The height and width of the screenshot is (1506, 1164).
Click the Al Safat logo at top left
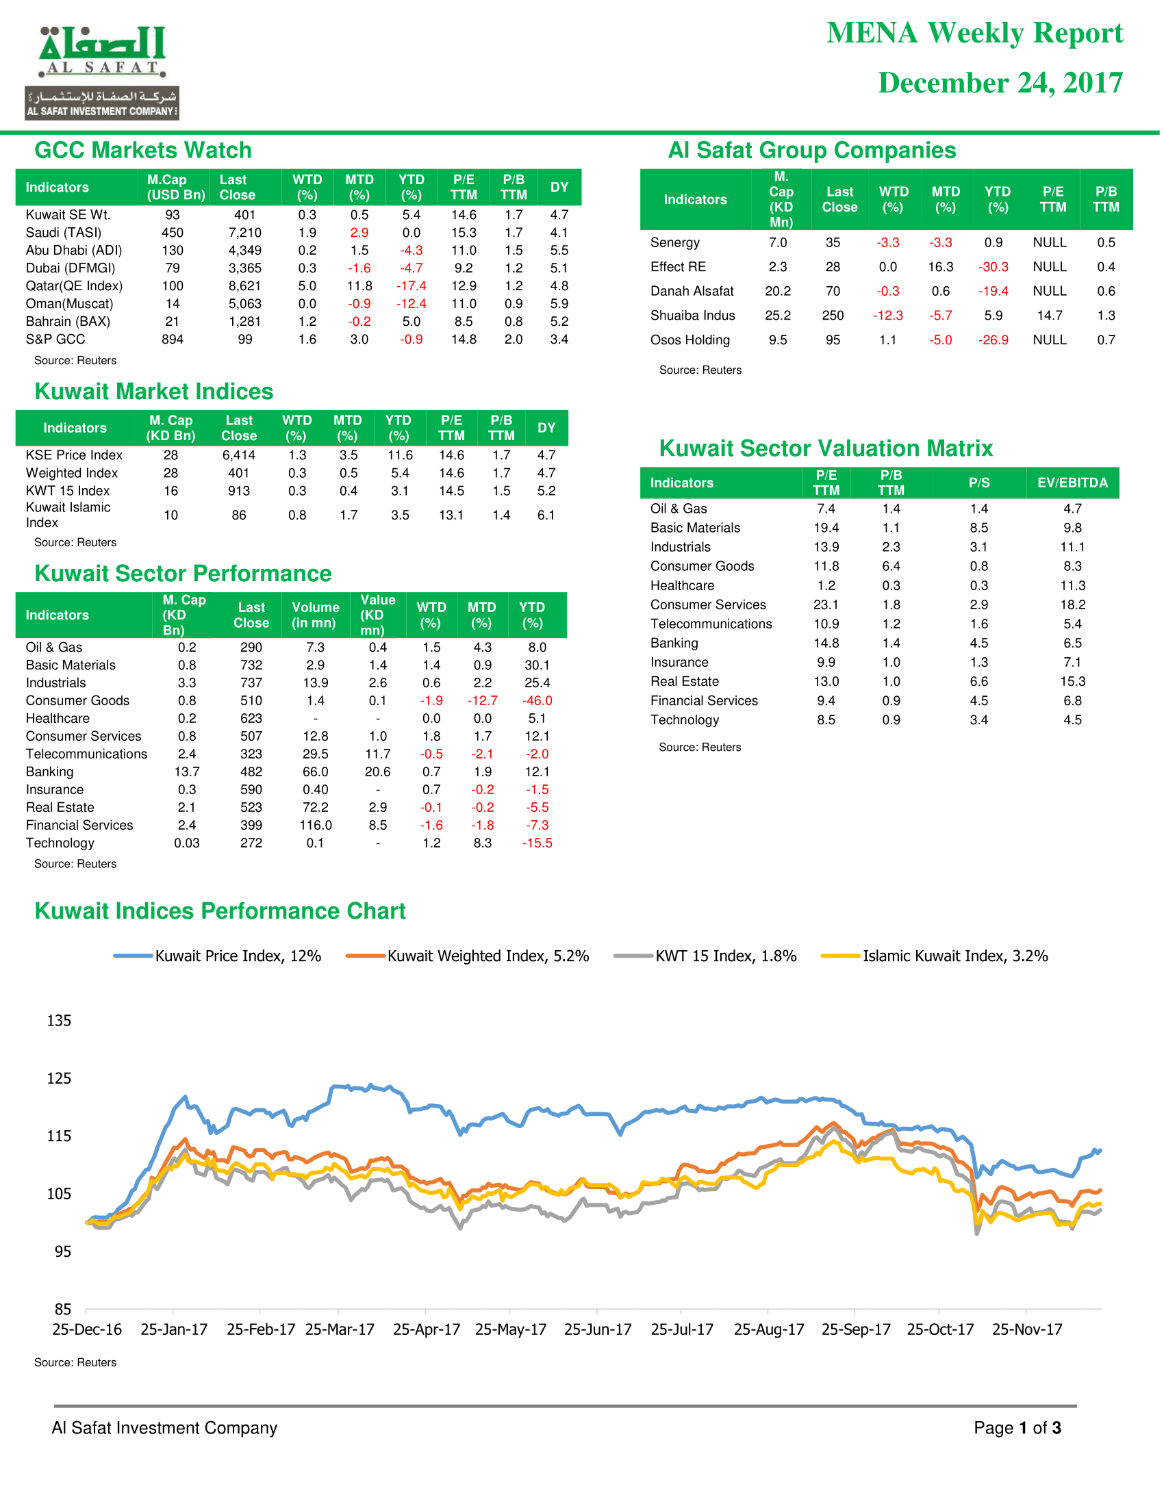tap(102, 73)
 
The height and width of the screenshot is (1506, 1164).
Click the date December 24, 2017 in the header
tap(1000, 83)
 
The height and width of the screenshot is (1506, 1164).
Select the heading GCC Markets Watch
tap(142, 151)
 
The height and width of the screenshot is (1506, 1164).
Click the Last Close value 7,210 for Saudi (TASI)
tap(245, 232)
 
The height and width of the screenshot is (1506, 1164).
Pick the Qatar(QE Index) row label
tap(74, 285)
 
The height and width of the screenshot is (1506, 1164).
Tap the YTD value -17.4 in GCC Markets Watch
tap(411, 285)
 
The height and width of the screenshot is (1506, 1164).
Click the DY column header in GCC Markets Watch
tap(559, 187)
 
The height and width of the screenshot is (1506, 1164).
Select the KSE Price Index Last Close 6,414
tap(238, 455)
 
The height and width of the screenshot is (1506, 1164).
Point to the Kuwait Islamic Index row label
tap(68, 514)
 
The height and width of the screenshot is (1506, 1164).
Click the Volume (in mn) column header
tap(315, 615)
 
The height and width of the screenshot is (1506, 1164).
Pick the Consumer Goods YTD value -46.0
tap(537, 700)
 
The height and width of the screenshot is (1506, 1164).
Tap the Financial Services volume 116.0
tap(315, 825)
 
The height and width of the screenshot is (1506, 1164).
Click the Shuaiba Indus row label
tap(692, 315)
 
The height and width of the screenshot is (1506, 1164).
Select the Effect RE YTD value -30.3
tap(993, 267)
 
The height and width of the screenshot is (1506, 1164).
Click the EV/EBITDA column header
tap(1072, 483)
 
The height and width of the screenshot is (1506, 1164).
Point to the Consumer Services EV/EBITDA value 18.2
tap(1072, 604)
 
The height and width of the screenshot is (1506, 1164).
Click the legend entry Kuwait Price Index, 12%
tap(217, 956)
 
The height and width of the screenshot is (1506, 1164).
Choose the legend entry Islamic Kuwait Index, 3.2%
tap(935, 956)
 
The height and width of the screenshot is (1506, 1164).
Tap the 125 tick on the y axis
tap(59, 1077)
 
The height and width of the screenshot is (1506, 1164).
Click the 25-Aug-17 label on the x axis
tap(769, 1329)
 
